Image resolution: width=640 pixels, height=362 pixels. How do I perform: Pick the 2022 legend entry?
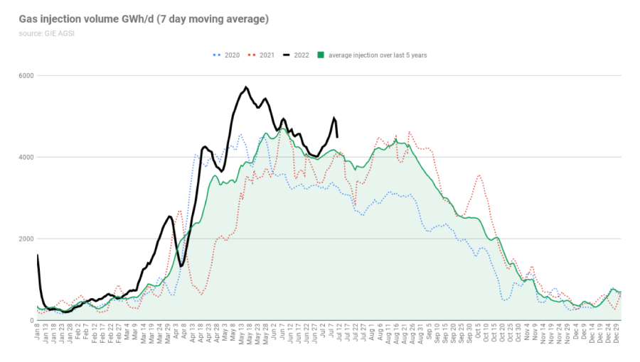301,55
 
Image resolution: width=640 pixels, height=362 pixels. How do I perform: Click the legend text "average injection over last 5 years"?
377,55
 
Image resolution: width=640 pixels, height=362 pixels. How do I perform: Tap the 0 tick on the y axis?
31,320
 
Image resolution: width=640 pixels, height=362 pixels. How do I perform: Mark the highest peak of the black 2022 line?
246,87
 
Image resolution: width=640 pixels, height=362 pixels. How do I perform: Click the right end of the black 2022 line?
337,137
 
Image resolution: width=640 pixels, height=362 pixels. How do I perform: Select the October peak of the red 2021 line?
480,175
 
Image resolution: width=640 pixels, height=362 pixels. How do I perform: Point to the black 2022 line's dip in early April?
182,266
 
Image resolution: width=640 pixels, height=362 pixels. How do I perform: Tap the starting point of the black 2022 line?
37,255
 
